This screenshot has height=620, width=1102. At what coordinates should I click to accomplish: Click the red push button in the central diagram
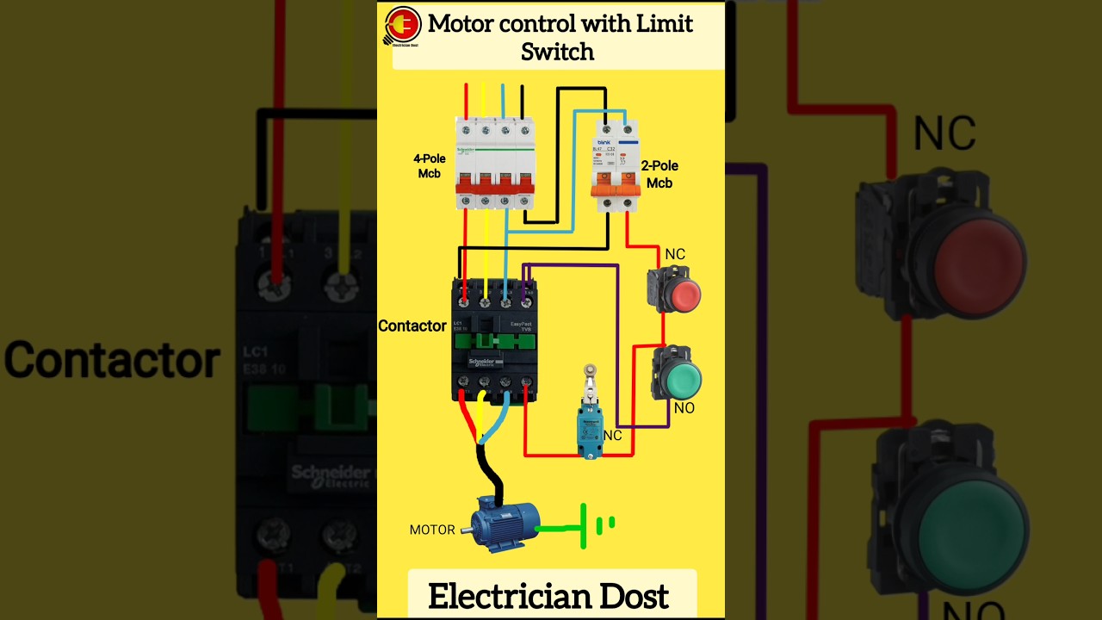684,295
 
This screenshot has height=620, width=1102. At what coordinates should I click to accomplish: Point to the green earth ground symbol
594,525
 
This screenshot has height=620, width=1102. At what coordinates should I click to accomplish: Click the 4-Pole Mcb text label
430,166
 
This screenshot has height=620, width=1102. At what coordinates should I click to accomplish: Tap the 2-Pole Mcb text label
659,174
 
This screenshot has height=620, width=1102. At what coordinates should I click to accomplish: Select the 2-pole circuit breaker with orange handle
616,165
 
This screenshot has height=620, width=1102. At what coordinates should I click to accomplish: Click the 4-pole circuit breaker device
495,164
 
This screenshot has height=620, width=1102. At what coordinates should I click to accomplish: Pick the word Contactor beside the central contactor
412,325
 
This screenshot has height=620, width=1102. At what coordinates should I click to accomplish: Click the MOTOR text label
432,530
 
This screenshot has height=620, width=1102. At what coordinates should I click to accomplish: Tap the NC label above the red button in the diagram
675,255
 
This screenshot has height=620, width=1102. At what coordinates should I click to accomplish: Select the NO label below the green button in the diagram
684,408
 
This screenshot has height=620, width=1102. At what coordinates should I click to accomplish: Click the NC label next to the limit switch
612,436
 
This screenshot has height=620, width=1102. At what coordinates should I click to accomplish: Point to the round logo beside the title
402,25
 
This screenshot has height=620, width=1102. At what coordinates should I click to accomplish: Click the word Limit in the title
664,24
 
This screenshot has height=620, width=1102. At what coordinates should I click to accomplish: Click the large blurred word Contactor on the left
112,360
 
